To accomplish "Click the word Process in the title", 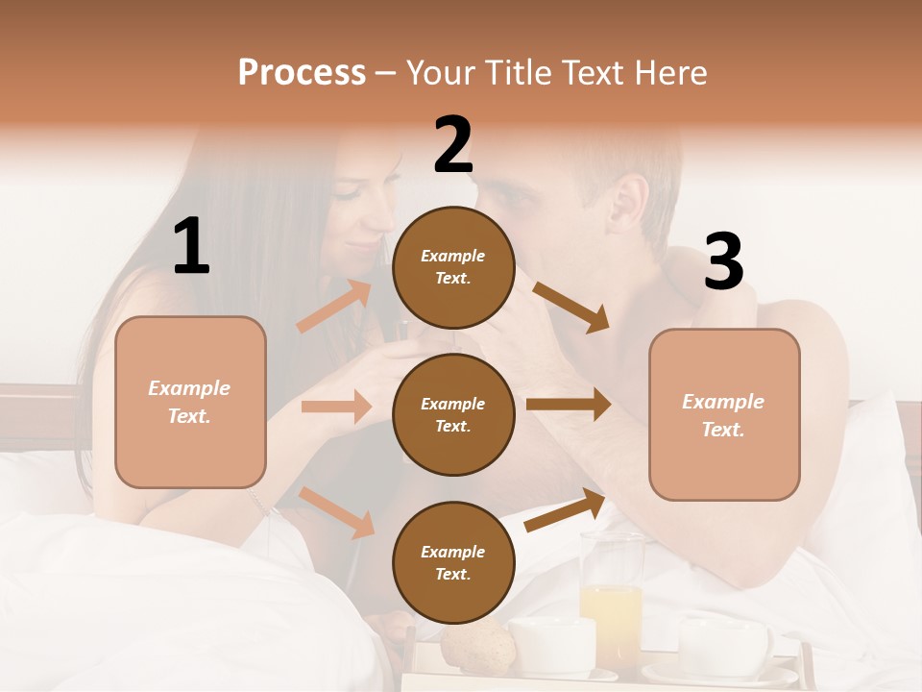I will pyautogui.click(x=302, y=72).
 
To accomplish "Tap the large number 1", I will pyautogui.click(x=191, y=246).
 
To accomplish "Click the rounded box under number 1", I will pyautogui.click(x=190, y=402).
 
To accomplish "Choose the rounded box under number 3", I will pyautogui.click(x=724, y=414).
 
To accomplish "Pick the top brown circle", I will pyautogui.click(x=453, y=267).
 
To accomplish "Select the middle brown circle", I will pyautogui.click(x=453, y=414).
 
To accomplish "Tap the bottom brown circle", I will pyautogui.click(x=453, y=562).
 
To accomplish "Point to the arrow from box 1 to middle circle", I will pyautogui.click(x=336, y=407).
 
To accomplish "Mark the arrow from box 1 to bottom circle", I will pyautogui.click(x=336, y=512).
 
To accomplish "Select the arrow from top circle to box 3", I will pyautogui.click(x=572, y=308).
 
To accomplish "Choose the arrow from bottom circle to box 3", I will pyautogui.click(x=565, y=510).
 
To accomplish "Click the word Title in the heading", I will pyautogui.click(x=518, y=72).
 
